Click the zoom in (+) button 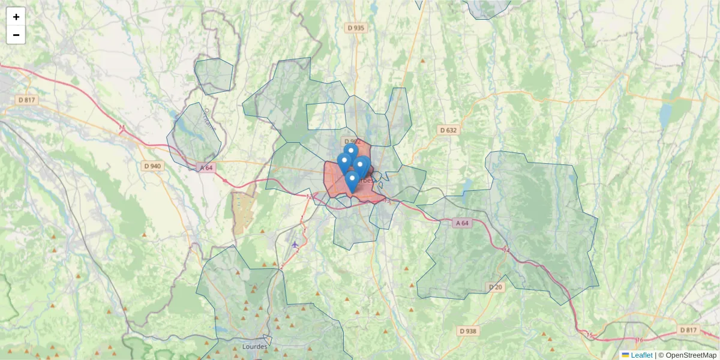[x=16, y=17]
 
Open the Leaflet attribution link [x=641, y=355]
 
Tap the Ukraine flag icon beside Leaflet [x=625, y=355]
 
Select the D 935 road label [x=356, y=28]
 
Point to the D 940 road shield [x=152, y=166]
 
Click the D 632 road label [x=448, y=130]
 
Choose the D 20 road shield [x=495, y=287]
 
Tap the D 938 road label [x=467, y=331]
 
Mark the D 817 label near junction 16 [x=689, y=330]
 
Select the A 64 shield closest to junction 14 [x=461, y=223]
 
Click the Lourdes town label [x=254, y=347]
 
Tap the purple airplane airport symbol [x=295, y=244]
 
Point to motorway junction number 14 [x=507, y=249]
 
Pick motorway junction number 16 [x=639, y=340]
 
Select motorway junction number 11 [x=122, y=128]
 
